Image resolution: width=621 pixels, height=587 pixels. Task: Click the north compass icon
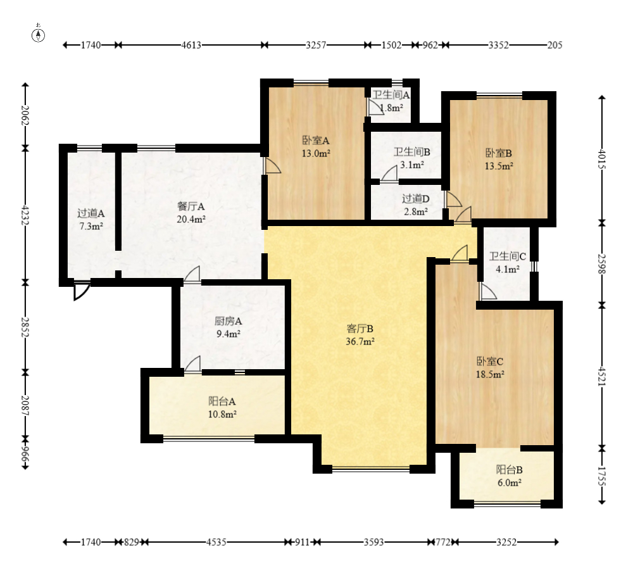click(39, 35)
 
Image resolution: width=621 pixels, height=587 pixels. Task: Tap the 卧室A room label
click(316, 140)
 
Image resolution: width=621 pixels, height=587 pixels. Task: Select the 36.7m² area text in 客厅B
click(360, 341)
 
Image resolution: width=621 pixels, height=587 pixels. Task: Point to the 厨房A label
click(228, 321)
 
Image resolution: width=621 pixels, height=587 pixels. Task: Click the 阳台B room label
click(510, 470)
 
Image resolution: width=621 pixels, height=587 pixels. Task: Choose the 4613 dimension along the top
click(191, 45)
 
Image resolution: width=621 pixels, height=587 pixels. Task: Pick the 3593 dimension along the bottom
click(374, 542)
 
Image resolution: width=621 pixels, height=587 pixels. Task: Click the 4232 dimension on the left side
click(25, 215)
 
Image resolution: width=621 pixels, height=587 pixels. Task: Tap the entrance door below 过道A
click(82, 291)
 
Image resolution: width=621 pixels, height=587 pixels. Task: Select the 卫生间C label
click(507, 256)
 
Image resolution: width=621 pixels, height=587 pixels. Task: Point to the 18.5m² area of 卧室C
click(490, 374)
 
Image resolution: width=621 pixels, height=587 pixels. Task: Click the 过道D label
click(415, 198)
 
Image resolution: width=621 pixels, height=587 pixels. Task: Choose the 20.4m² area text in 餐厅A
click(191, 219)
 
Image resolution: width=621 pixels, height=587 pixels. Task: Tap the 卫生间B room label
click(412, 152)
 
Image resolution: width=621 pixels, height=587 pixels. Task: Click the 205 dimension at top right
click(555, 45)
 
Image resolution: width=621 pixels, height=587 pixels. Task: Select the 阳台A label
click(222, 401)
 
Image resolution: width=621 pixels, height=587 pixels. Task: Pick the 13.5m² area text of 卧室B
click(499, 166)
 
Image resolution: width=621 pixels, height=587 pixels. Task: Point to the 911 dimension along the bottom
click(302, 542)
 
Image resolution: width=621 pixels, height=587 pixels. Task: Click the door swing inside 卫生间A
click(374, 107)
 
